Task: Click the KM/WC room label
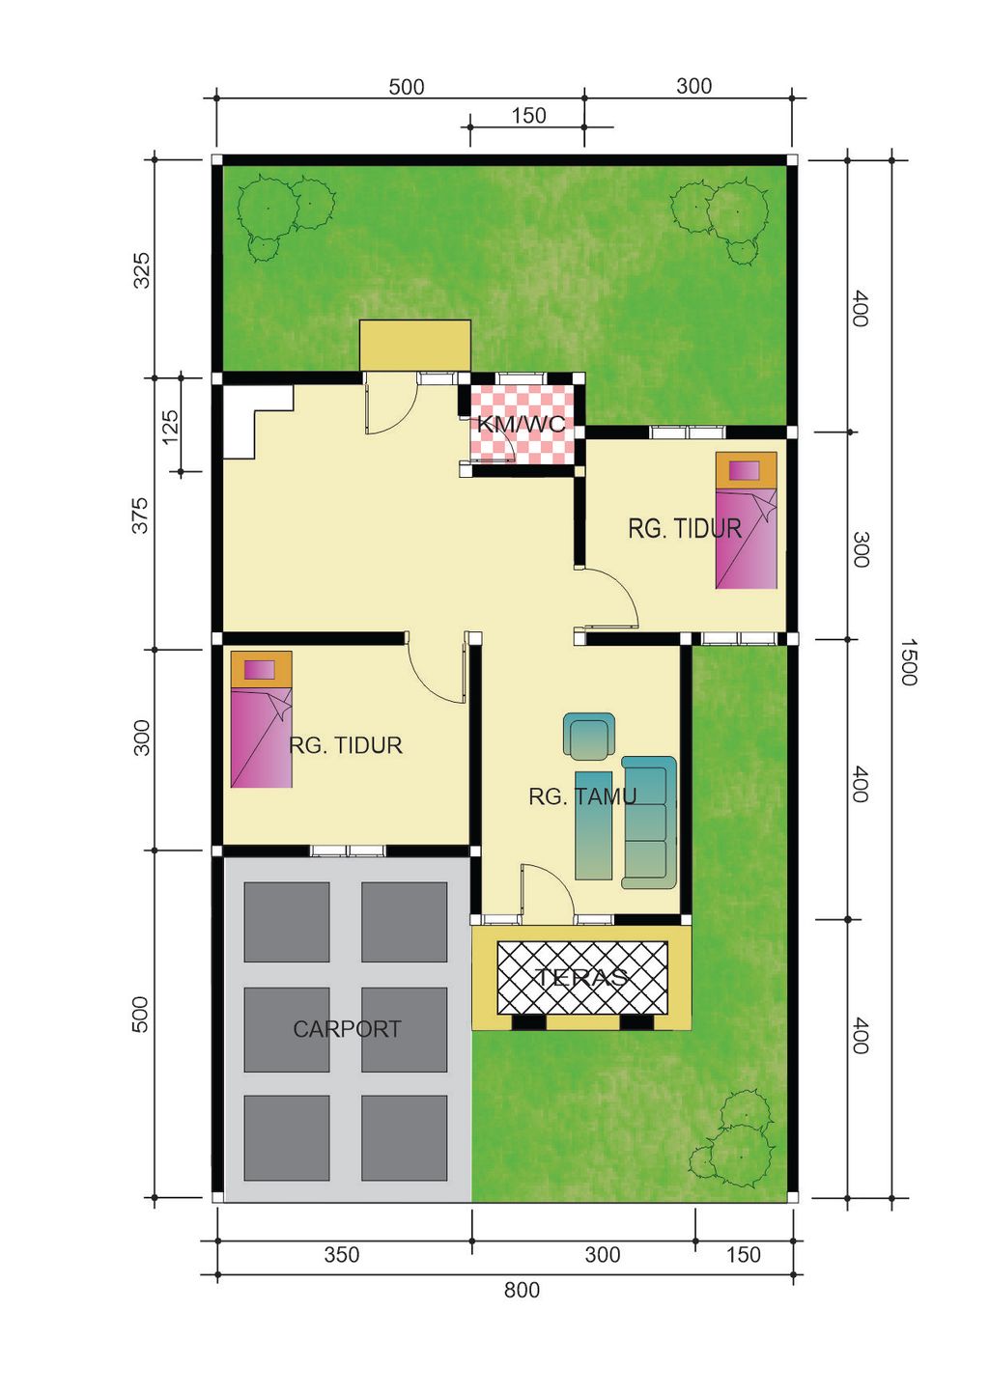click(x=522, y=425)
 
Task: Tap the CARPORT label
click(x=347, y=1029)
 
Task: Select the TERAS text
click(x=581, y=977)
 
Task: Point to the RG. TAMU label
click(x=582, y=796)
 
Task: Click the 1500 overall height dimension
click(x=908, y=662)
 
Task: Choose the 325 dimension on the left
click(x=143, y=269)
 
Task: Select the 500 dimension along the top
click(x=406, y=87)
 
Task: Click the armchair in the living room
click(x=588, y=737)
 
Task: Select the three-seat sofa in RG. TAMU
click(x=649, y=822)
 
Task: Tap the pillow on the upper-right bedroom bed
click(x=745, y=470)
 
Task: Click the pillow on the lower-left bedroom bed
click(x=259, y=670)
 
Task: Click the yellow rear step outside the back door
click(x=414, y=346)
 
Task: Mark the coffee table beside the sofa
click(x=594, y=825)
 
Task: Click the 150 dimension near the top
click(x=528, y=116)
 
